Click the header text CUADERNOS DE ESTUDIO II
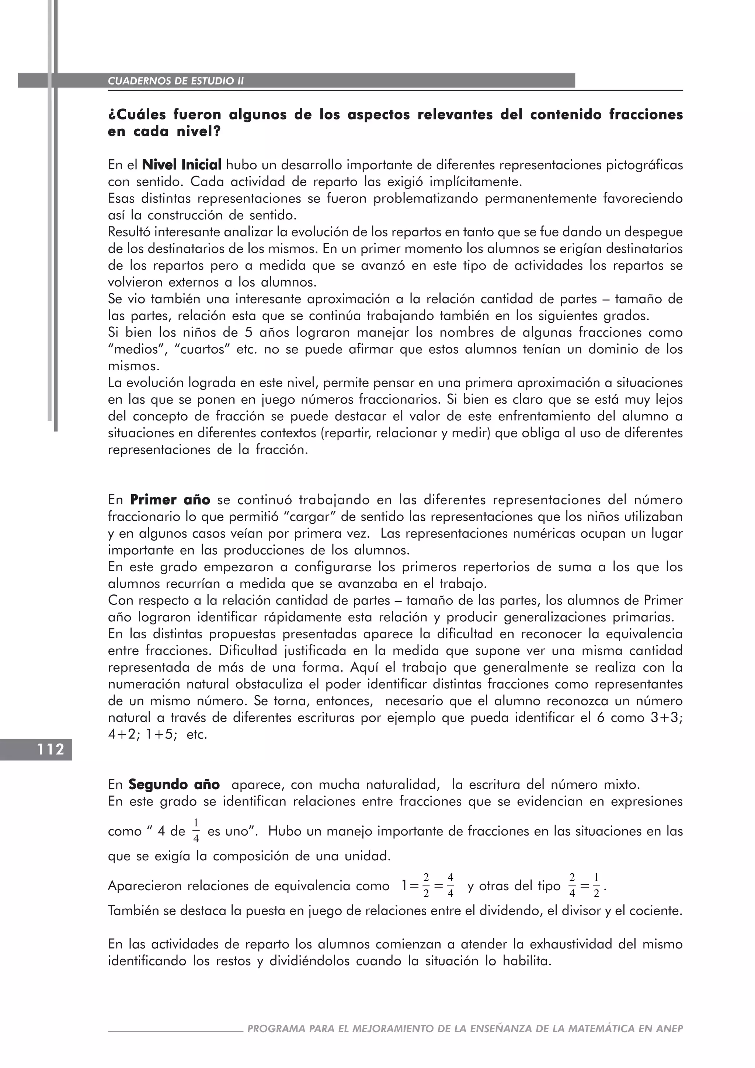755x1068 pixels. pyautogui.click(x=176, y=81)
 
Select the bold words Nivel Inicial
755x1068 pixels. pyautogui.click(x=182, y=165)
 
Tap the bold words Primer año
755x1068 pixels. pyautogui.click(x=170, y=500)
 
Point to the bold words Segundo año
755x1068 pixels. pyautogui.click(x=174, y=785)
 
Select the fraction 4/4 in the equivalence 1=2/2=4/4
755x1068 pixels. pyautogui.click(x=450, y=885)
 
